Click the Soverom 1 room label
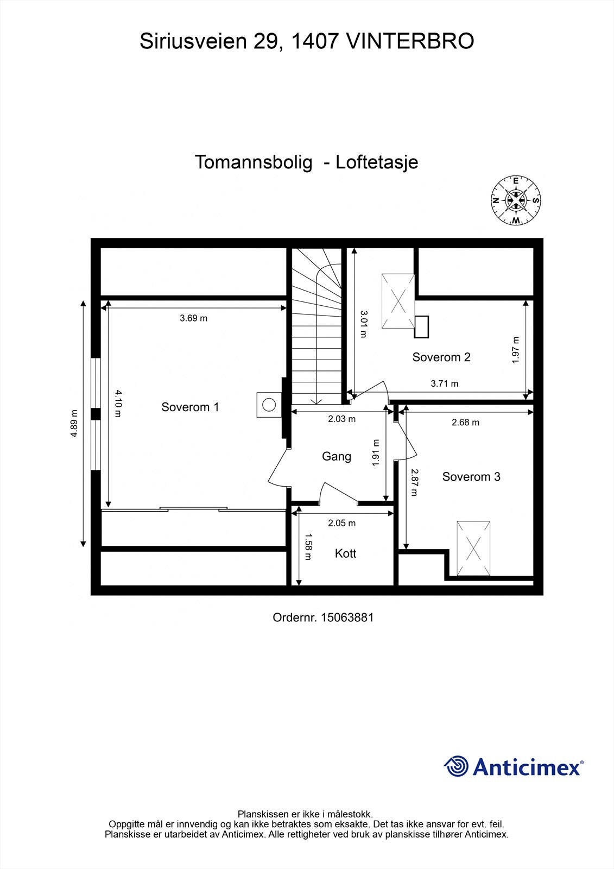click(x=190, y=407)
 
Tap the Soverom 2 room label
click(x=441, y=357)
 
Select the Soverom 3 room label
click(x=471, y=477)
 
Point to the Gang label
click(x=336, y=456)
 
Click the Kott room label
click(x=345, y=553)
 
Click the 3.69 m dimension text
click(x=193, y=318)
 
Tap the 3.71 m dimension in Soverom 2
click(x=444, y=383)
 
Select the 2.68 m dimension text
click(x=465, y=422)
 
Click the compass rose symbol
click(x=516, y=200)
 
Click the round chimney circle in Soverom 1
click(x=268, y=405)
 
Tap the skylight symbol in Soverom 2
click(x=398, y=301)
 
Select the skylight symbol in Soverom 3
click(x=473, y=549)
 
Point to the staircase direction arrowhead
click(x=315, y=401)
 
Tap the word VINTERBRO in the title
click(x=409, y=41)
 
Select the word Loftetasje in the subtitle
click(x=377, y=162)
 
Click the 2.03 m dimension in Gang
click(x=341, y=419)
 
